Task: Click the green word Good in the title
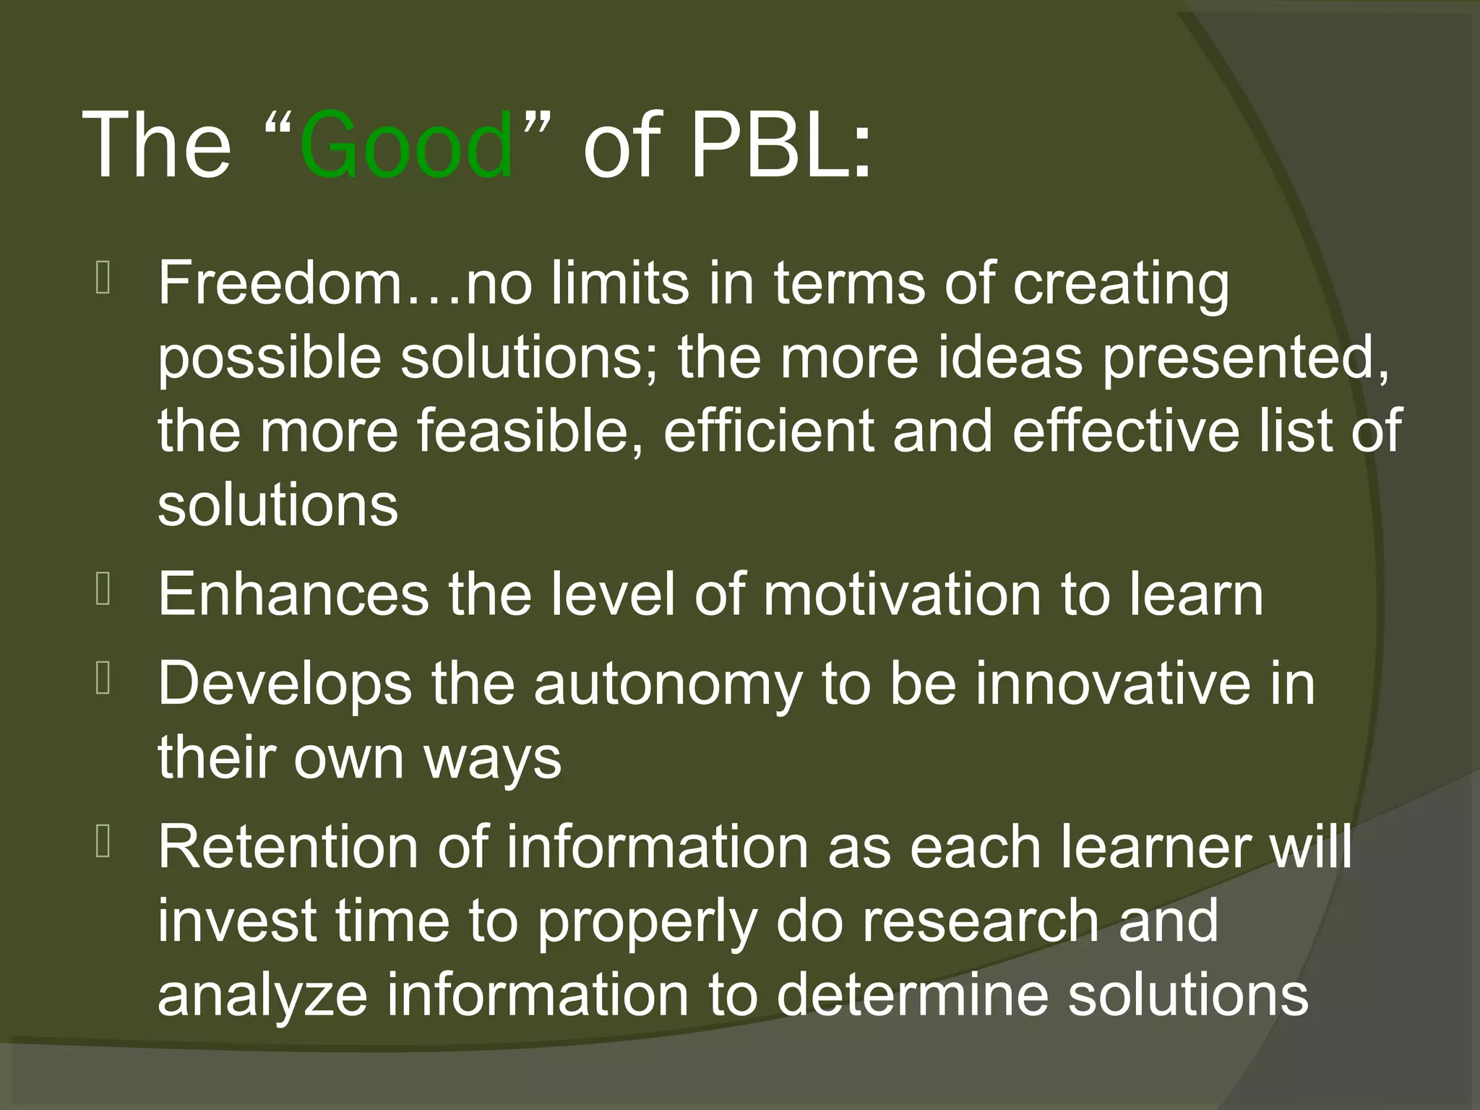406,145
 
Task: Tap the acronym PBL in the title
780,145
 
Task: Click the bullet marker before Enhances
103,590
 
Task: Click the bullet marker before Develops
103,681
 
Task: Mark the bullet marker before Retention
103,843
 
